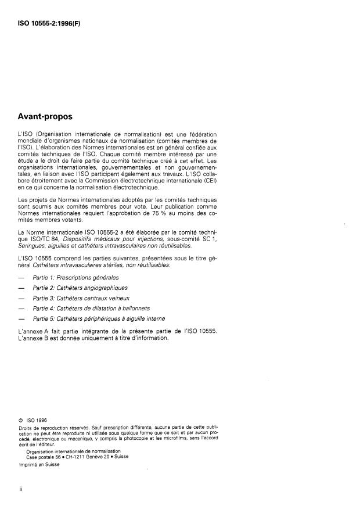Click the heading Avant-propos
tap(49, 116)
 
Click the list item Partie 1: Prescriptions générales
tap(76, 278)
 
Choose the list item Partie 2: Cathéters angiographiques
tap(80, 288)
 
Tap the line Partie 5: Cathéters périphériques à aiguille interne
tap(99, 318)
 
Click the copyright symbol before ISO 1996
tap(21, 418)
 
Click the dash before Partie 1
tap(22, 278)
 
